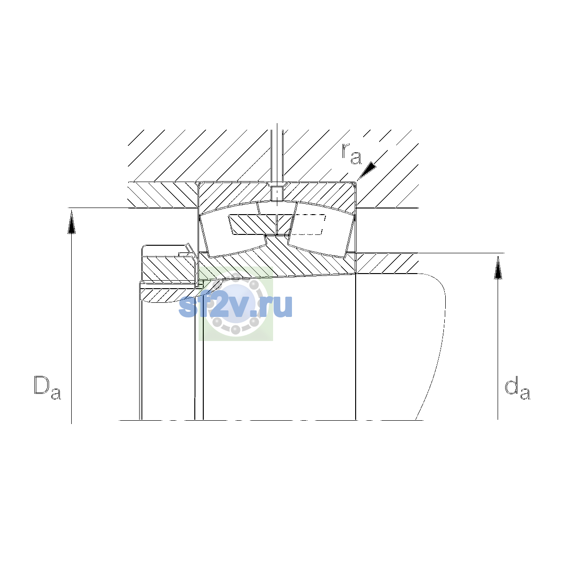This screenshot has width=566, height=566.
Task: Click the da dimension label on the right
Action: click(517, 390)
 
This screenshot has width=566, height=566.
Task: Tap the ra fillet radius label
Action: click(351, 154)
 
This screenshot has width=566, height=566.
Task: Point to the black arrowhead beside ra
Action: click(367, 170)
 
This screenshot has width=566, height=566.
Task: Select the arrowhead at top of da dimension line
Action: click(498, 267)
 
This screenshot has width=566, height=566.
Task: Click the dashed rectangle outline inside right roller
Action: click(308, 225)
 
